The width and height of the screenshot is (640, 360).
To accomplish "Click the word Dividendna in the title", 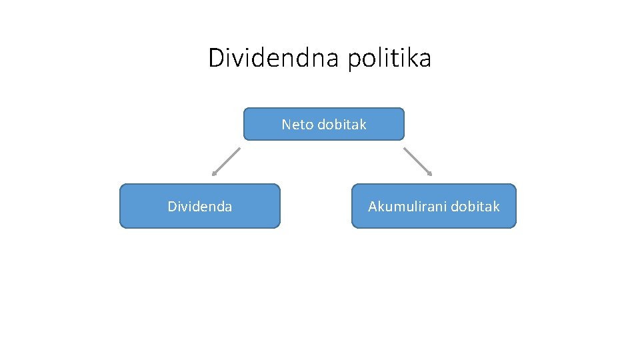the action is tap(273, 58).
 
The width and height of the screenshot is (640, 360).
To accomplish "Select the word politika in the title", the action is tap(389, 58).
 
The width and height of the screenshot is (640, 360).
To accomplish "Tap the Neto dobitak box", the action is tap(324, 125).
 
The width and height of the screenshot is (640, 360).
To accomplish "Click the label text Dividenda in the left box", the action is tap(200, 207).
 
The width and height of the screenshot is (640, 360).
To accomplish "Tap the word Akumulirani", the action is tap(407, 207).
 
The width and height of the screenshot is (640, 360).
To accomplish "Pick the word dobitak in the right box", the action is tap(475, 207).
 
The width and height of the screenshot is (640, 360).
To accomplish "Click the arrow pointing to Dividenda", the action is tap(226, 161).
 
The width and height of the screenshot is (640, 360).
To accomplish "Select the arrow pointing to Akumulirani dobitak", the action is tap(417, 161).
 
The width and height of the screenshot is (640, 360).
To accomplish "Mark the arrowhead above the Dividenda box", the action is tap(214, 174).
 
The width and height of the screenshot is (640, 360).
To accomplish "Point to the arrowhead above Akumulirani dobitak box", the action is tap(430, 174).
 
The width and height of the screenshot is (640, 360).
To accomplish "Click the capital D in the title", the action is tap(216, 58).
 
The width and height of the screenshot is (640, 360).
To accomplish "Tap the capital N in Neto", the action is tap(286, 125).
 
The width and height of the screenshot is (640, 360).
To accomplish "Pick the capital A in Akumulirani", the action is tap(373, 207).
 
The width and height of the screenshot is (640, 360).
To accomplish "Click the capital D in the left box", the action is tap(171, 207).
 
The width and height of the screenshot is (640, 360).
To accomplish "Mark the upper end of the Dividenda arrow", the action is tap(238, 149).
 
